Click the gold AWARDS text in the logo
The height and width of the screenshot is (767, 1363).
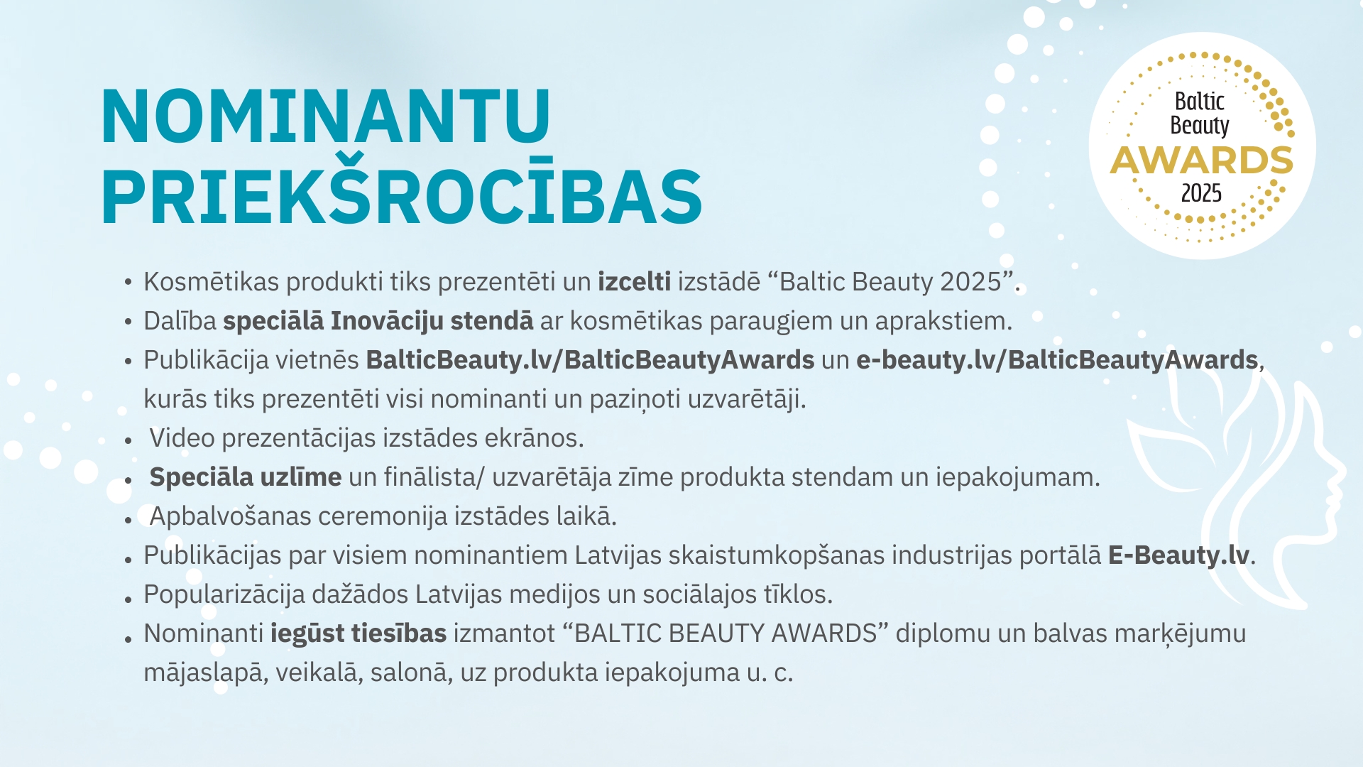tap(1201, 161)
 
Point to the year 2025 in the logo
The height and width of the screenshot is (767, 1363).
tap(1201, 193)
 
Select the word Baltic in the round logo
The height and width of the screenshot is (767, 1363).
tap(1200, 102)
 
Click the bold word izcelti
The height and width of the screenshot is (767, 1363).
tap(634, 282)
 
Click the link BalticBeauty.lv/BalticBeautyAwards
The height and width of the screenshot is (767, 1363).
tap(590, 360)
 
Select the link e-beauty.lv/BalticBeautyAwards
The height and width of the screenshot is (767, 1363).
tap(1057, 360)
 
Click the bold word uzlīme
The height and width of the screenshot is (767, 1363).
tap(300, 477)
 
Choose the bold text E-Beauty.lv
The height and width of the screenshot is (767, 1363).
tap(1178, 555)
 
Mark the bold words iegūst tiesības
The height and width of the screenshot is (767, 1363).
tap(358, 633)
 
